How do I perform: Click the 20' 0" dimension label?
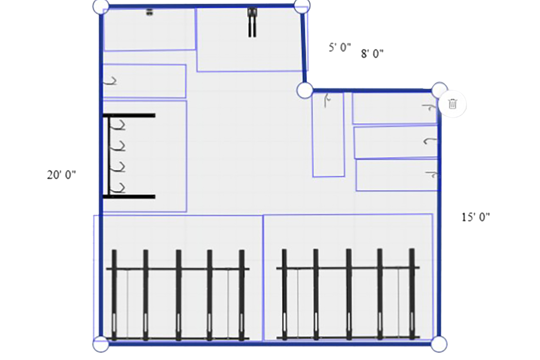click(61, 175)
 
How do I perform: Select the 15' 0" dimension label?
click(476, 217)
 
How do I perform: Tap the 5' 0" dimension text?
click(340, 47)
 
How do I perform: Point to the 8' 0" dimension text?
click(372, 54)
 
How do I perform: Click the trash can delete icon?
click(453, 104)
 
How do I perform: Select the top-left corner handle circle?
click(101, 6)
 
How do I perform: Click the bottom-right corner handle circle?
click(439, 344)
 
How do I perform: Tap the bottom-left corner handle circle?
click(101, 344)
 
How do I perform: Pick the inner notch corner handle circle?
click(305, 90)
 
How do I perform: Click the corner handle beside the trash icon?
click(440, 90)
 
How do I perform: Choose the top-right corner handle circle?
click(302, 6)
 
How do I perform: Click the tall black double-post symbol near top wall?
click(252, 22)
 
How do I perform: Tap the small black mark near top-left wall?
click(150, 12)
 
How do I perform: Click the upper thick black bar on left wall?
click(129, 116)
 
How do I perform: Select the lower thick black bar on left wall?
click(129, 197)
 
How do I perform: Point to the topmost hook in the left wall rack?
click(120, 125)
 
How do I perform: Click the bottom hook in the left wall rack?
click(120, 188)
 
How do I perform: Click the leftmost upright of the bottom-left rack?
click(114, 295)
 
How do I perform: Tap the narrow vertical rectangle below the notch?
click(328, 135)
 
